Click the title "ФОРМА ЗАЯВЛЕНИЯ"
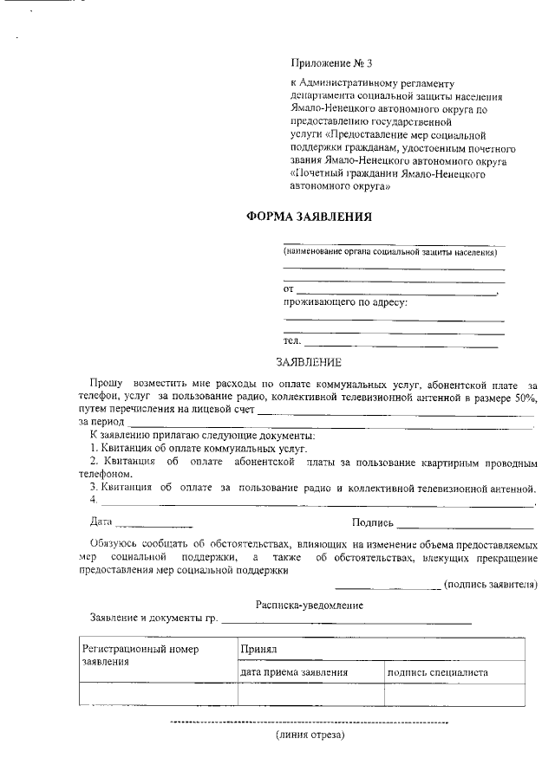310,217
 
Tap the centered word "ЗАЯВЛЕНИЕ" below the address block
309,361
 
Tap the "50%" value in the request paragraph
523,397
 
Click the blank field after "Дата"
153,525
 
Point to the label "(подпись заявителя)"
490,585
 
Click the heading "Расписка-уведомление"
310,605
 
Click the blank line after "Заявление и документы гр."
347,621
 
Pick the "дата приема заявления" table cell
295,671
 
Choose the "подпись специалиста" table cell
438,671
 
